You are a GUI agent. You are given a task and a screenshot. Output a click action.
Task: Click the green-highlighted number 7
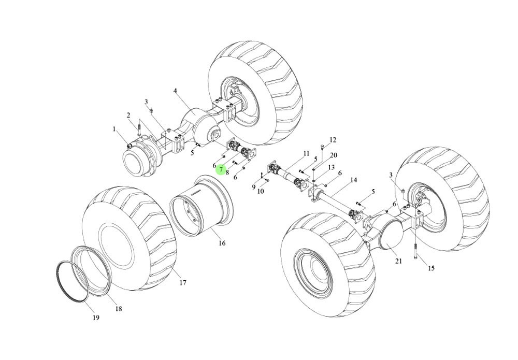221,169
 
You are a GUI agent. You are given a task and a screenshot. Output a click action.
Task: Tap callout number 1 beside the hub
114,128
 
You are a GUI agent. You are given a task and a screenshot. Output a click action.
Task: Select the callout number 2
128,115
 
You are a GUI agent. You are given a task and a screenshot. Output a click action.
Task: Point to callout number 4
175,91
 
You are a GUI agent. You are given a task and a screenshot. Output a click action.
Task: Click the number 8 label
227,172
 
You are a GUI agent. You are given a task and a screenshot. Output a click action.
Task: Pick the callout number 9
254,187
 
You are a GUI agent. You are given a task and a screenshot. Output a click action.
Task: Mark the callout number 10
261,191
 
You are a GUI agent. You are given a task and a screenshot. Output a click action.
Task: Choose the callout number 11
306,153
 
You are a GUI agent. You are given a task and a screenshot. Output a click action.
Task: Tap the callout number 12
333,140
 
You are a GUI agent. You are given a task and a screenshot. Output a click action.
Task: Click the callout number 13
331,167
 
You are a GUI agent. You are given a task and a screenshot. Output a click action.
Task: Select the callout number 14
354,180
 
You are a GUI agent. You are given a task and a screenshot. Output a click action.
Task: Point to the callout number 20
334,155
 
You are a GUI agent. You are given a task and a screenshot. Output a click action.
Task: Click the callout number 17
183,283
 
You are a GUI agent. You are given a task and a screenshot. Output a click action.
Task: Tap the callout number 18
119,309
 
